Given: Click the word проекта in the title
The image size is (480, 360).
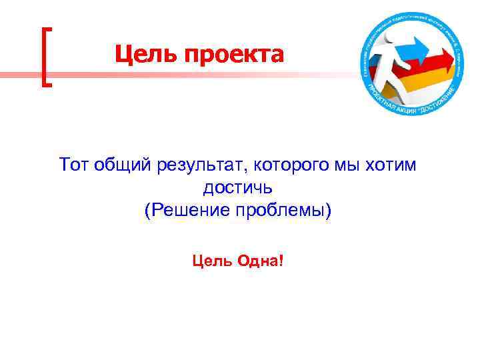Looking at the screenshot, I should coord(230,55).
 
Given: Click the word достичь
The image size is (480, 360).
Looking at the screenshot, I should coord(238,187).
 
